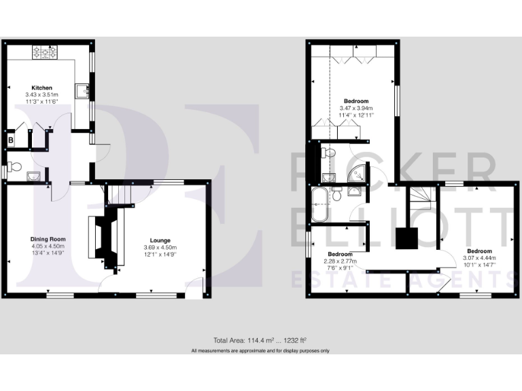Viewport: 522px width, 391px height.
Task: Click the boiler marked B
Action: (x=11, y=140)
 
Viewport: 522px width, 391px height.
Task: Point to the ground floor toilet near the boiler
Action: (x=14, y=166)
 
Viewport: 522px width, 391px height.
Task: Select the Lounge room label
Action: (x=160, y=240)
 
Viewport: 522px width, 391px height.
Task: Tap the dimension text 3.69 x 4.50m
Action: (x=160, y=247)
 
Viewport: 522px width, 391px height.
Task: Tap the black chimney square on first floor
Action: (x=407, y=238)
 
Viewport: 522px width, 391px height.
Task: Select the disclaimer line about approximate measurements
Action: (x=260, y=350)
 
